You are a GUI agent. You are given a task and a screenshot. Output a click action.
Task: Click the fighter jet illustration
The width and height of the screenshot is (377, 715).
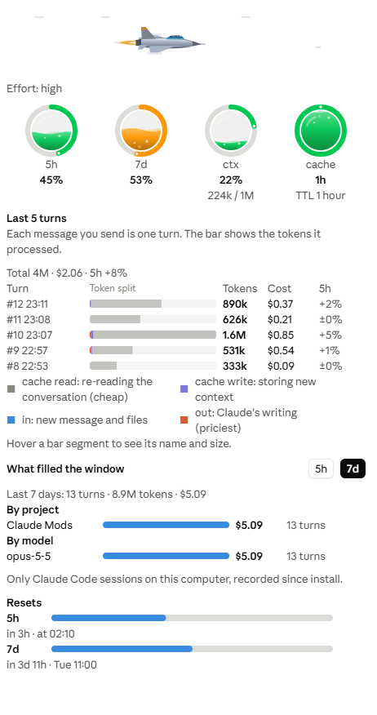click(160, 41)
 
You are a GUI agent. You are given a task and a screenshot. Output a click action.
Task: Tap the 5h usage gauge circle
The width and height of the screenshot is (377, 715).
click(51, 131)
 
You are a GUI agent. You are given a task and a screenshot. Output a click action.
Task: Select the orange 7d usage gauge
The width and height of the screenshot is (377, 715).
click(141, 131)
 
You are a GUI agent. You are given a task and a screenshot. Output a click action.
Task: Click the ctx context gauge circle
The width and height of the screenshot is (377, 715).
click(231, 131)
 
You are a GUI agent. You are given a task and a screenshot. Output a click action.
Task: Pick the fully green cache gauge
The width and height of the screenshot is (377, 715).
click(321, 131)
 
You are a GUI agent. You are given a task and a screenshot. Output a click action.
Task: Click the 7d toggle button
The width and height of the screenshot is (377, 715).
click(353, 469)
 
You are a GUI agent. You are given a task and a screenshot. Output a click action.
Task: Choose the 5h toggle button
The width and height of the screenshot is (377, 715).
click(321, 469)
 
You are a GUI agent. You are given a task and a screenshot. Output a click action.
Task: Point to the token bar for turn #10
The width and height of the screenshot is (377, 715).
click(153, 335)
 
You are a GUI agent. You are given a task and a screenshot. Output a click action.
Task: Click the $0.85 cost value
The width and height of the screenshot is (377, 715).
click(281, 335)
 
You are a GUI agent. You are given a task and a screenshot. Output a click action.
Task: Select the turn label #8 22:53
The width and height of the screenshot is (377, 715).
click(28, 366)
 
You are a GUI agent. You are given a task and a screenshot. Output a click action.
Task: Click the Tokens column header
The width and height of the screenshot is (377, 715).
click(240, 289)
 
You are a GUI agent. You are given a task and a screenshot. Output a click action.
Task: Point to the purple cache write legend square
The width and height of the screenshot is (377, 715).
click(184, 389)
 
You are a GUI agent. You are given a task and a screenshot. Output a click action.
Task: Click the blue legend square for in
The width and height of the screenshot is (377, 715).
click(11, 420)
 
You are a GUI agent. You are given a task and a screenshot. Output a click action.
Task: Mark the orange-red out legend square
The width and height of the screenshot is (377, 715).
click(184, 420)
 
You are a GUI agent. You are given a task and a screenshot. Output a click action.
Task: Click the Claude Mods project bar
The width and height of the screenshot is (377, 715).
click(166, 525)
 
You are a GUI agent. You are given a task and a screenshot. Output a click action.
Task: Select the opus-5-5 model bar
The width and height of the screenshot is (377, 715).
click(166, 556)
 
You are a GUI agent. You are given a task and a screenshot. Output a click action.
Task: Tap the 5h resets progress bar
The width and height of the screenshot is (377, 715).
click(192, 618)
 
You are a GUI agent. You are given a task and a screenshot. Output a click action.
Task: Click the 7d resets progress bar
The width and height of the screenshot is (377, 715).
click(192, 649)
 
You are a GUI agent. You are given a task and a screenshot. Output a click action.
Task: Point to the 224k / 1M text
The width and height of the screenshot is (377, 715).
click(231, 196)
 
